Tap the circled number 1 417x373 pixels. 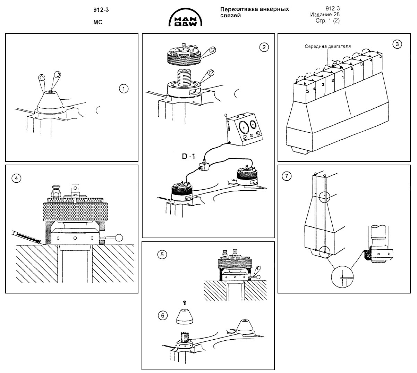[x=123, y=89]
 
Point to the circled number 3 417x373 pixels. [x=397, y=44]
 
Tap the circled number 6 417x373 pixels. [x=162, y=316]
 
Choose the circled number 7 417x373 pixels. [x=286, y=176]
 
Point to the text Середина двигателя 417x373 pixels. [x=328, y=46]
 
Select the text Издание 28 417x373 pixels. [x=325, y=14]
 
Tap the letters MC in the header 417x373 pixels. [x=98, y=23]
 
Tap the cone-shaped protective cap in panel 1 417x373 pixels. [x=50, y=101]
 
